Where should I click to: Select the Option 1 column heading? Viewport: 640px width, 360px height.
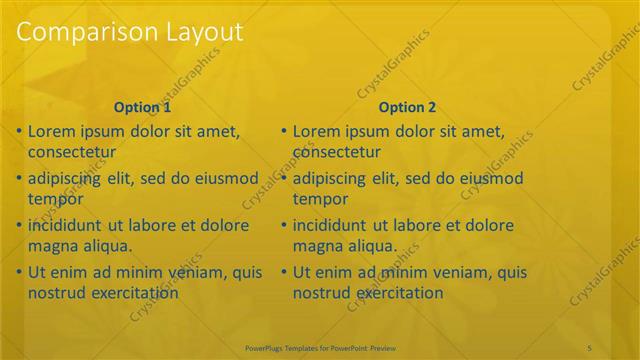142,107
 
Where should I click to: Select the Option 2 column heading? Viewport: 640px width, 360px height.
408,107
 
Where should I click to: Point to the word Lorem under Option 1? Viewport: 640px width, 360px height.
52,131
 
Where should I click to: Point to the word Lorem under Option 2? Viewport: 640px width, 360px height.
318,131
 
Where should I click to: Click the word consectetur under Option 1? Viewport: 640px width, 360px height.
72,153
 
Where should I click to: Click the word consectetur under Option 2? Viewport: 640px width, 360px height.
337,153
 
